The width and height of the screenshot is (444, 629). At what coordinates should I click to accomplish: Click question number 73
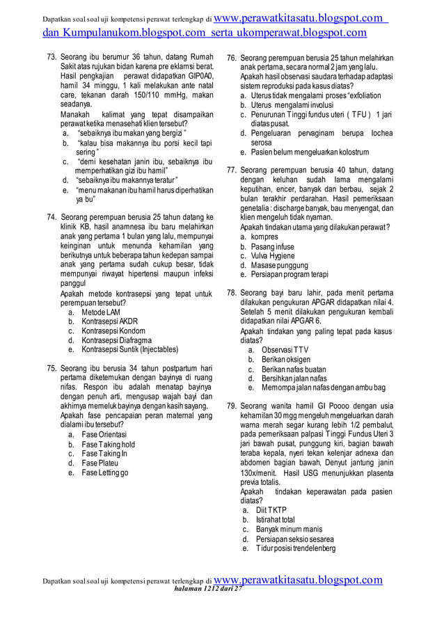pos(51,56)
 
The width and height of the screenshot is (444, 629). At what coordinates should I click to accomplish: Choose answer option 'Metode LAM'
pos(100,312)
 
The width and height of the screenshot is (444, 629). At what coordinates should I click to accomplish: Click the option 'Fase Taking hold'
pos(108,444)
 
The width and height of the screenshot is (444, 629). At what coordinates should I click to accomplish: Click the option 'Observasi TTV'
pos(285,349)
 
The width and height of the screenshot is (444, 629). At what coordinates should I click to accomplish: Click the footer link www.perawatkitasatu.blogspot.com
pos(299,580)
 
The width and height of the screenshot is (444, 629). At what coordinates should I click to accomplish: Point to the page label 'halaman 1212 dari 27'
pos(201,589)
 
